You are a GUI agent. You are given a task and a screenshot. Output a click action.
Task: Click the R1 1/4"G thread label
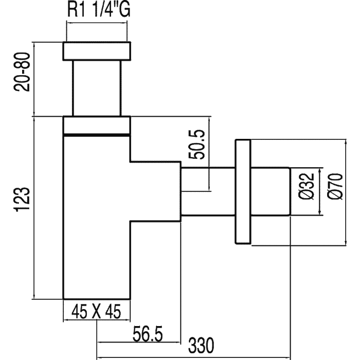(x=99, y=10)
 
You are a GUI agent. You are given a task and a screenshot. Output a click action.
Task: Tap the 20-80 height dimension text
(x=22, y=72)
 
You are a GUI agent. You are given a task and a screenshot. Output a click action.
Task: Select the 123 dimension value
(x=23, y=200)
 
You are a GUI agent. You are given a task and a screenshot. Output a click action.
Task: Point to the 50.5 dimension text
(x=196, y=145)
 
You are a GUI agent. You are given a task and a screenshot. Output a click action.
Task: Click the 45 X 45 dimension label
(x=96, y=312)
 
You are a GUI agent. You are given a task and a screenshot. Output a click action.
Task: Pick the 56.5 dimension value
(x=148, y=334)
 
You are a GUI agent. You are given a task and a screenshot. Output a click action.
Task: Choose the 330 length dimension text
(x=201, y=346)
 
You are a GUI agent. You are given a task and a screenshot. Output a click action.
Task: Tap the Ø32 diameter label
(x=307, y=186)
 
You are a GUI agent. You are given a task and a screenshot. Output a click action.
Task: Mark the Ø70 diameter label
(x=335, y=186)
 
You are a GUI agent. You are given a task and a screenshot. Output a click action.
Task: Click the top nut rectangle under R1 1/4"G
(x=97, y=51)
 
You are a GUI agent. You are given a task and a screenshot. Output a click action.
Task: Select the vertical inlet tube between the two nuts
(x=97, y=88)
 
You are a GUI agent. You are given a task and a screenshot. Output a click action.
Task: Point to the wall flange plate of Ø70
(x=243, y=191)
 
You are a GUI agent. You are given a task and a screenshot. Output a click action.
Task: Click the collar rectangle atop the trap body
(x=97, y=125)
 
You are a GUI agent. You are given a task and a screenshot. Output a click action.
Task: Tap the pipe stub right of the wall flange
(x=271, y=192)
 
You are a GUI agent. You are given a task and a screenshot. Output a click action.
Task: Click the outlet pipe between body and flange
(x=208, y=192)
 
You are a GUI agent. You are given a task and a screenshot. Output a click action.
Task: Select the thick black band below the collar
(x=97, y=135)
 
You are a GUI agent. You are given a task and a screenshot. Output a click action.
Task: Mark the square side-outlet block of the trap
(x=156, y=191)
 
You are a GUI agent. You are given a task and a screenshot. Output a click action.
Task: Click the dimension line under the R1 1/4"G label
(x=97, y=23)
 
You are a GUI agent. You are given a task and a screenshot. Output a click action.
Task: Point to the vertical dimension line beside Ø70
(x=346, y=192)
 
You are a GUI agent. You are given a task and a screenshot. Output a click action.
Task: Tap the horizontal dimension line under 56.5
(x=139, y=343)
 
